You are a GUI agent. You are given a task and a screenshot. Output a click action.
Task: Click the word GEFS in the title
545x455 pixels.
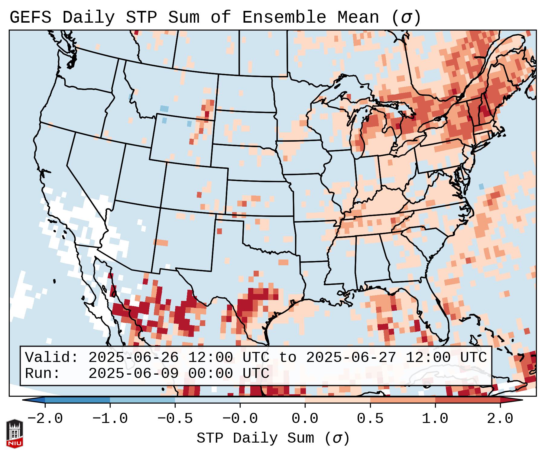(31, 18)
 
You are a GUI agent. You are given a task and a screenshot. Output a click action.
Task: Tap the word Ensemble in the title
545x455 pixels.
(284, 18)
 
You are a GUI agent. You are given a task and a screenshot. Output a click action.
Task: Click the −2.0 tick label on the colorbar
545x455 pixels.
(45, 419)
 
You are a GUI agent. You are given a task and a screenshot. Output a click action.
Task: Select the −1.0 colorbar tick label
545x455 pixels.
(110, 419)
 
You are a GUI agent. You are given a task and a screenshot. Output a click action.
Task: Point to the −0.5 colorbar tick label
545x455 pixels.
(175, 419)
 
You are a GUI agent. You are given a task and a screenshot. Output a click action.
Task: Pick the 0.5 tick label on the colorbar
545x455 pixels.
(370, 419)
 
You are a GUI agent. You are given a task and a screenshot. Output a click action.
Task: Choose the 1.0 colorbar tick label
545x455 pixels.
(435, 419)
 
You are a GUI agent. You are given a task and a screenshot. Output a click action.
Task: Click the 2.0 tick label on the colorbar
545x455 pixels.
(500, 419)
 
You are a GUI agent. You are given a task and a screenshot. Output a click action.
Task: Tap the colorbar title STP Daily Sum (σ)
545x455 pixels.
(273, 438)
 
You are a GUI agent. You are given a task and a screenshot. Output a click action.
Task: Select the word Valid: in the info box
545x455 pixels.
(52, 358)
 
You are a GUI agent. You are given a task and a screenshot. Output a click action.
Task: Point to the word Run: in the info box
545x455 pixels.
(43, 374)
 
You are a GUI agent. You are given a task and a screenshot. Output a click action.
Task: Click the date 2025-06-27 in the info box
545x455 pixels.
(351, 358)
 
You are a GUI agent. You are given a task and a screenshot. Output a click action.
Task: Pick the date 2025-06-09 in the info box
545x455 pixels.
(133, 374)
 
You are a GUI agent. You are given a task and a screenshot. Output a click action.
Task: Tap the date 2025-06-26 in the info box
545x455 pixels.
(133, 358)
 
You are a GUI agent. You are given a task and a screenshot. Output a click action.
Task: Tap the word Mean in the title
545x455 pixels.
(358, 18)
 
